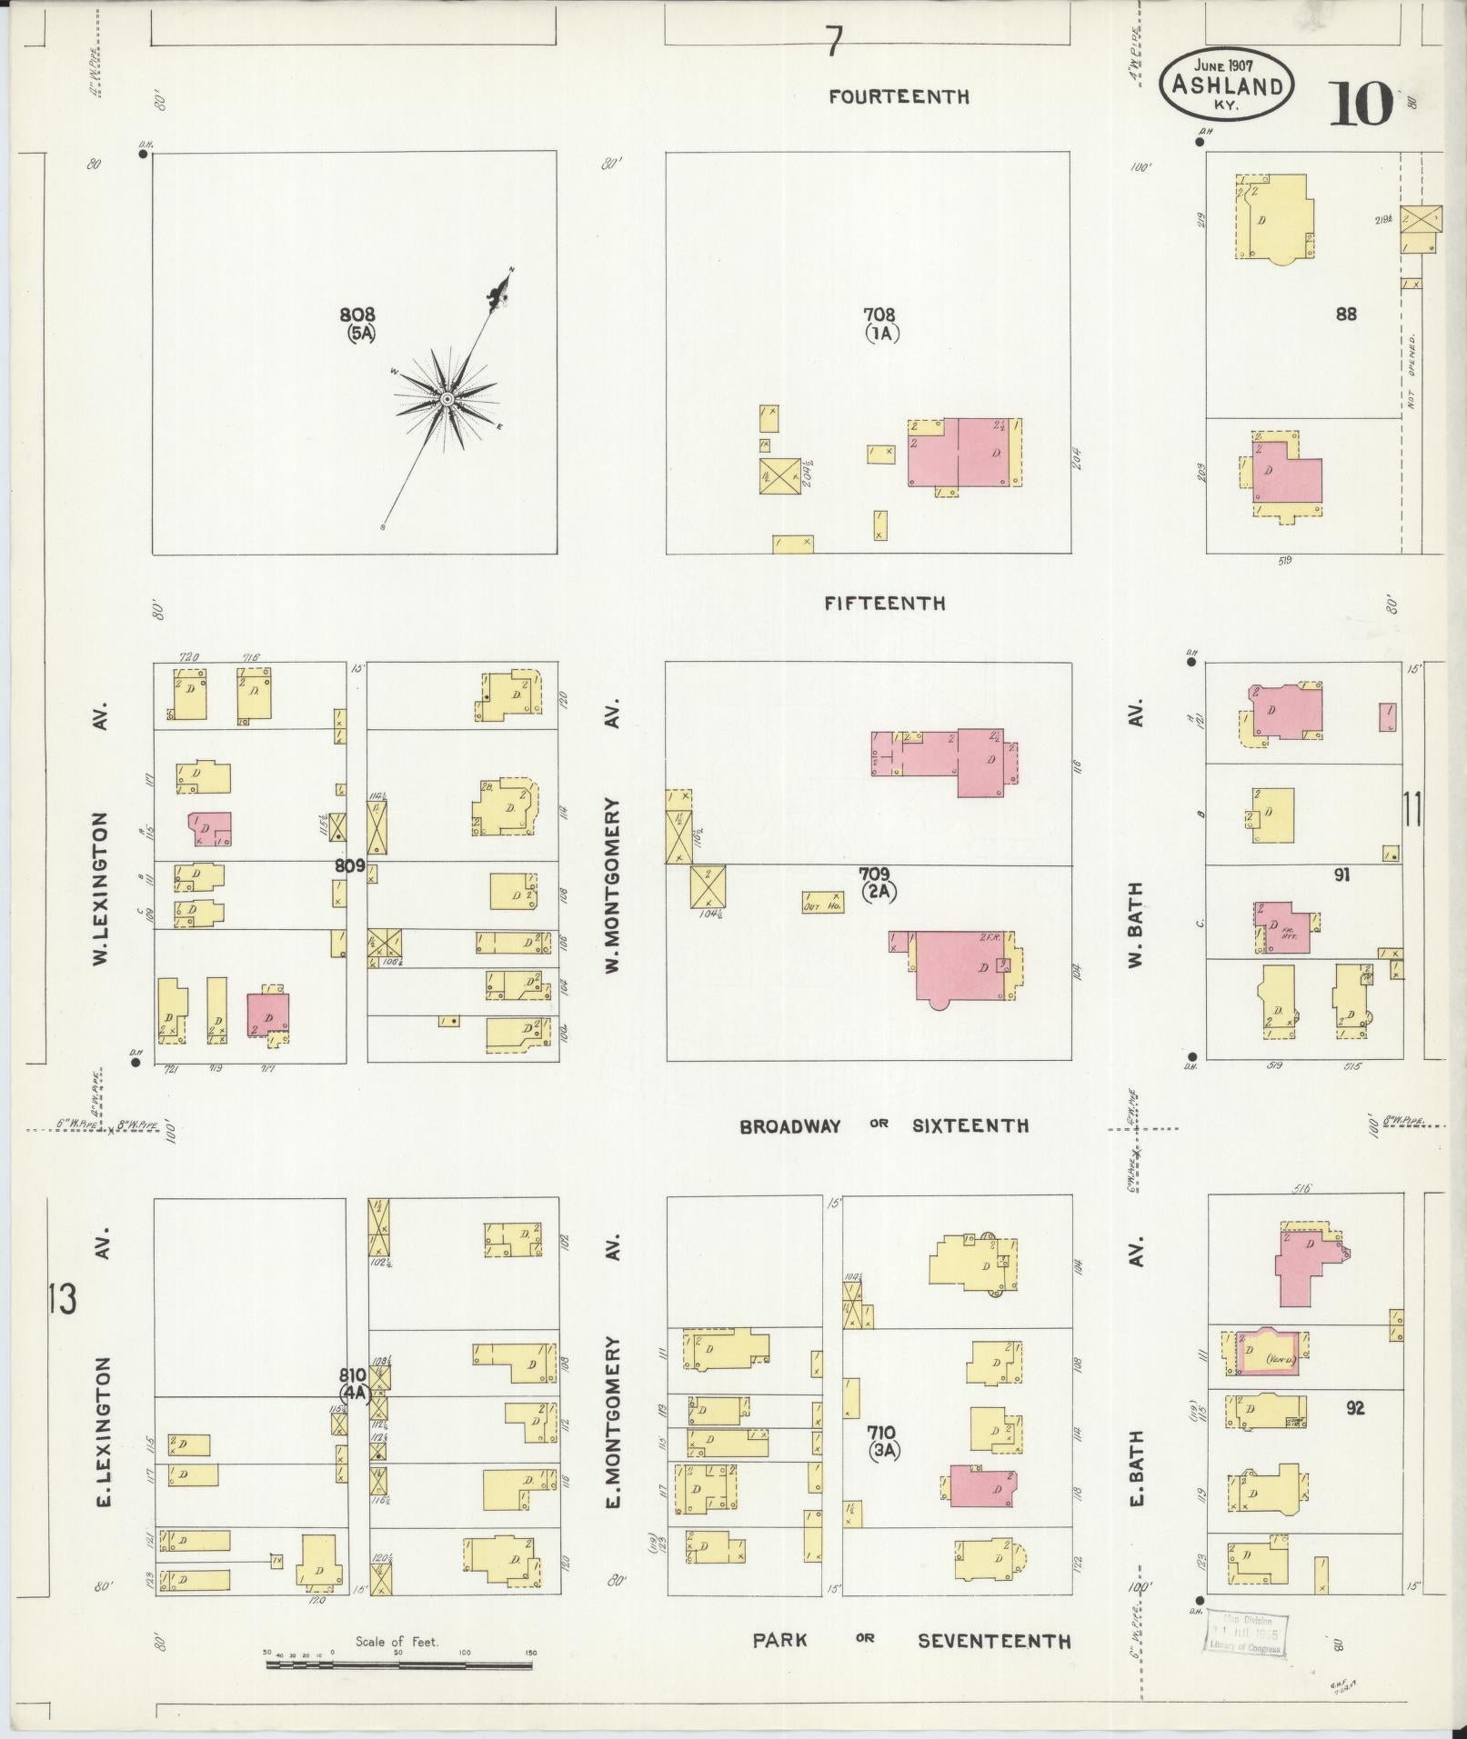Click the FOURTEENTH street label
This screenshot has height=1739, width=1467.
pyautogui.click(x=899, y=96)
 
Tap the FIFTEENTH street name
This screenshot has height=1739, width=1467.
pyautogui.click(x=886, y=604)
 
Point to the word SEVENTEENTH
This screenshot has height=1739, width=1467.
pyautogui.click(x=993, y=1641)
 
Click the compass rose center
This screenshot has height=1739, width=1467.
pyautogui.click(x=447, y=399)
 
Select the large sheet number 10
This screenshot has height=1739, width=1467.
pyautogui.click(x=1361, y=104)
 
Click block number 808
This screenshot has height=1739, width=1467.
pyautogui.click(x=357, y=315)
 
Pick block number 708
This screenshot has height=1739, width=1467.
pyautogui.click(x=879, y=315)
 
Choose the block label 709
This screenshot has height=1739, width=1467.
pyautogui.click(x=878, y=874)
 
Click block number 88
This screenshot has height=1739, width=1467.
pyautogui.click(x=1346, y=314)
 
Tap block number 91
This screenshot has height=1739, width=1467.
pyautogui.click(x=1341, y=874)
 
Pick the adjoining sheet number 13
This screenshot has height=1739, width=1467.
pyautogui.click(x=64, y=1301)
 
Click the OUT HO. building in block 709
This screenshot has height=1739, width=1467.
pyautogui.click(x=822, y=902)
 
